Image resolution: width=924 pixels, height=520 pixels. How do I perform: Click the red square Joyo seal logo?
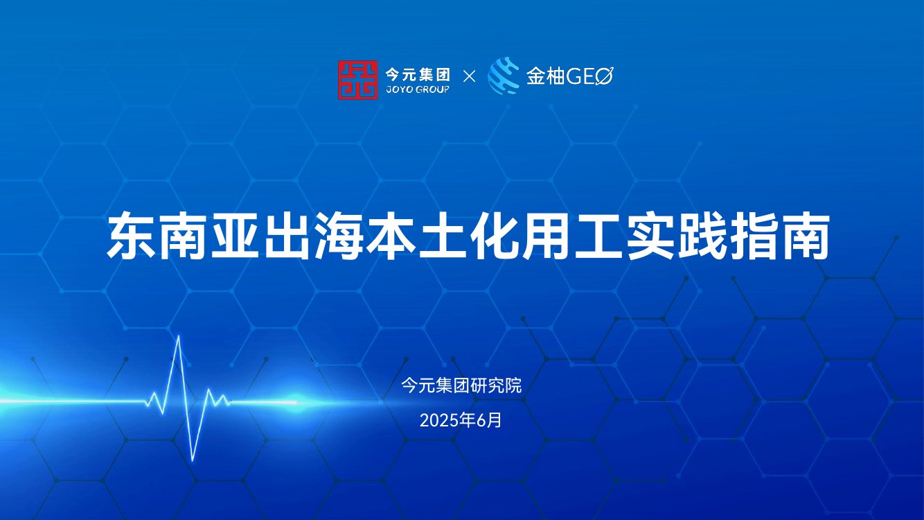[x=357, y=80]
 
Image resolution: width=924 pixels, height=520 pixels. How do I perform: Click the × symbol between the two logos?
[x=469, y=77]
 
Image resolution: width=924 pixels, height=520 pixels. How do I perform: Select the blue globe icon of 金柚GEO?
[x=504, y=76]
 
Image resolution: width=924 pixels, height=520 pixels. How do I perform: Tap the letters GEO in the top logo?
[x=590, y=76]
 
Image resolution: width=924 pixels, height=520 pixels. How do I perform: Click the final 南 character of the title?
[x=806, y=237]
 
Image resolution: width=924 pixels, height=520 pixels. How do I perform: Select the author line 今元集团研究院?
[x=461, y=385]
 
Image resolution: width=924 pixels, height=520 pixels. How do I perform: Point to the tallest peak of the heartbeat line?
[x=179, y=337]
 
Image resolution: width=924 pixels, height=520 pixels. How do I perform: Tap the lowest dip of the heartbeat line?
[x=193, y=460]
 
